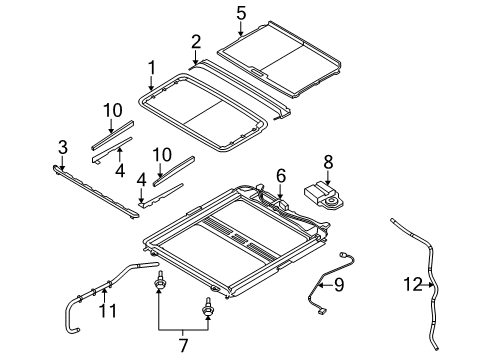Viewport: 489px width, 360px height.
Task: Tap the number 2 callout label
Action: (x=196, y=41)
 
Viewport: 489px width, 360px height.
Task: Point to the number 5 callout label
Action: (x=240, y=13)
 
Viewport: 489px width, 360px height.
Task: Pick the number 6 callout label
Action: (x=281, y=175)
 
